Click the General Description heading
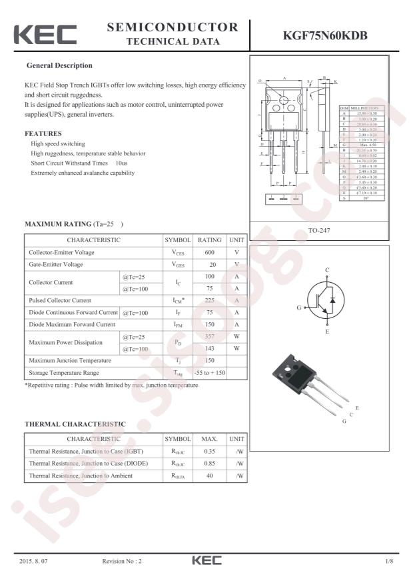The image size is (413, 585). point(59,65)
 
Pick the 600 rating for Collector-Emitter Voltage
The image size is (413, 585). point(209,252)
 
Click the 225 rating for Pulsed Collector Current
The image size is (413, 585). point(209,300)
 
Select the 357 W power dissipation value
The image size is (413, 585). point(209,336)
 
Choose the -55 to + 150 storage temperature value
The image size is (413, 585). point(209,372)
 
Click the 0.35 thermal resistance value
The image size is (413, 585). point(209,452)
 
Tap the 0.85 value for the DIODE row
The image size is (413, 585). point(209,463)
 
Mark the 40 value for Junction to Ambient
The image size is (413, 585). point(209,475)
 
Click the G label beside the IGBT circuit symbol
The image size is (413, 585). point(299,308)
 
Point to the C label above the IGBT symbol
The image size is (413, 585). point(327,270)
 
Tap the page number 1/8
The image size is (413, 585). point(390,562)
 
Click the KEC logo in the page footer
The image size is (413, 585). point(206,561)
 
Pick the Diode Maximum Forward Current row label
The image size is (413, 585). point(72,324)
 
